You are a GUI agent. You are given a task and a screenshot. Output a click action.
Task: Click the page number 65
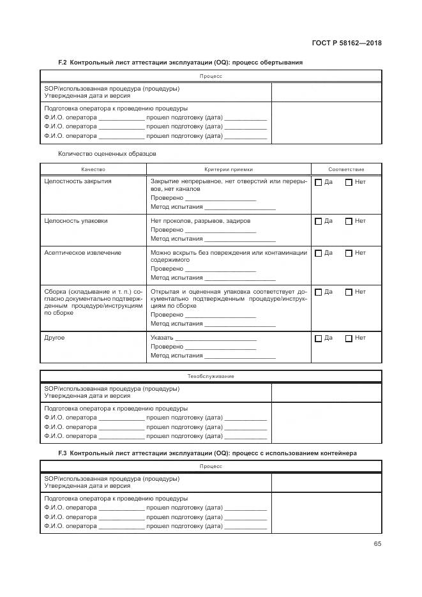377,544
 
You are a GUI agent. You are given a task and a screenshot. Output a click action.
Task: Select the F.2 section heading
180,63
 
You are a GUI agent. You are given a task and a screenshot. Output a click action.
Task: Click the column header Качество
93,169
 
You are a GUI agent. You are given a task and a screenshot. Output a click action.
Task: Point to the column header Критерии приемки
229,169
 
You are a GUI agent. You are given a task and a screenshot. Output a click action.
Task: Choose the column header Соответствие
346,169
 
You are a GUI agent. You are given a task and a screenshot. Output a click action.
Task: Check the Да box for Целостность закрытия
319,183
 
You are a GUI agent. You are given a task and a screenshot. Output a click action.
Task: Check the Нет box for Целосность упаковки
349,222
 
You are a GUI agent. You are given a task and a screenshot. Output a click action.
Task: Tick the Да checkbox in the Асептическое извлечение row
319,253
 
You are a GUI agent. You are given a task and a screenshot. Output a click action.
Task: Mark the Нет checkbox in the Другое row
349,338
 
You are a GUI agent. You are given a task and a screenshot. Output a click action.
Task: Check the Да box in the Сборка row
319,292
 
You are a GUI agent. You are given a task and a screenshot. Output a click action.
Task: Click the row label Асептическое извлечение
82,253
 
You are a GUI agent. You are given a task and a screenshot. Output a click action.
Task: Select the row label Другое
54,338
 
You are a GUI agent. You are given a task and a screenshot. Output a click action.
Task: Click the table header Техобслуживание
211,376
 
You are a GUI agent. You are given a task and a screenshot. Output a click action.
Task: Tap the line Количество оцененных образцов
107,153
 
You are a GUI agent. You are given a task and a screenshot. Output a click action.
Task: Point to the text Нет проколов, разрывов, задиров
200,221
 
